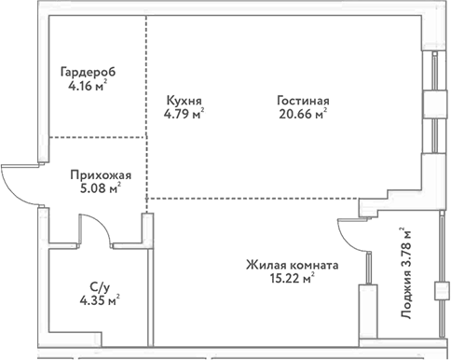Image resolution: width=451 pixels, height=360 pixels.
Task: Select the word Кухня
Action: click(183, 101)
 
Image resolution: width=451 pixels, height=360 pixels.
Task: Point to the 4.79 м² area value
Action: click(184, 116)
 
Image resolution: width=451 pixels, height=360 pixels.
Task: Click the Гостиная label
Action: click(304, 101)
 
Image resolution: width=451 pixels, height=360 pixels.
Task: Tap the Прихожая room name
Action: click(101, 174)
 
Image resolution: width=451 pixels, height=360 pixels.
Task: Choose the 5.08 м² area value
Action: click(102, 189)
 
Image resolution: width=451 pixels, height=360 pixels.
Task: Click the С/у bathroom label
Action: click(97, 287)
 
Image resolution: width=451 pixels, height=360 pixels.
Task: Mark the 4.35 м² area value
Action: click(99, 301)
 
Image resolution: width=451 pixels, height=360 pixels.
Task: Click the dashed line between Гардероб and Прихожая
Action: click(96, 137)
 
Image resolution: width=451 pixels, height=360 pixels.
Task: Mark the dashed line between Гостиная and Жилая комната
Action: click(261, 198)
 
